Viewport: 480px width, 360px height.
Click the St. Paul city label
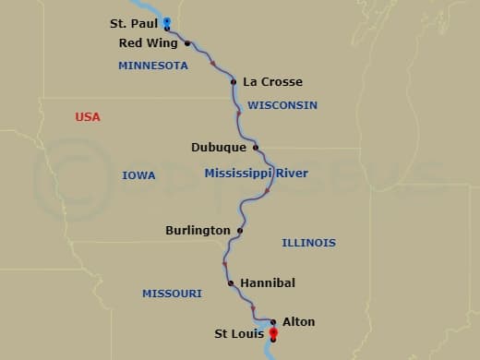coord(132,24)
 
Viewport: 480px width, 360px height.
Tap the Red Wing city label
coord(149,42)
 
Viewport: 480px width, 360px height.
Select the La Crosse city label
coord(272,82)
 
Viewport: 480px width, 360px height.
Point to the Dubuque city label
coord(219,147)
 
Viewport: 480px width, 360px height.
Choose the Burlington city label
coord(198,230)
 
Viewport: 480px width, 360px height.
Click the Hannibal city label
coord(268,282)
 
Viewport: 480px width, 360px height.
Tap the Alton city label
coord(299,322)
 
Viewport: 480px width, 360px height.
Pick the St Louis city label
coord(238,333)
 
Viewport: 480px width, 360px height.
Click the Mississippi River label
coord(257,173)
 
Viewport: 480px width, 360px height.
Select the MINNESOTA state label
coord(153,66)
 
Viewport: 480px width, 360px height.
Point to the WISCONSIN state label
coord(282,105)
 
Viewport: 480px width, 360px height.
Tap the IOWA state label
coord(138,175)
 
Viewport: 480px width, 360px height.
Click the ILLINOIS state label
coord(308,243)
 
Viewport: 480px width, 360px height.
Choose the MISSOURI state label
coord(172,294)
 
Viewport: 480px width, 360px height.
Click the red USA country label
coord(88,117)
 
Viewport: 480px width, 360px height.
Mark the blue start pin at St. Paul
coord(166,21)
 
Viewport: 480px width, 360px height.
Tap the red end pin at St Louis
coord(272,333)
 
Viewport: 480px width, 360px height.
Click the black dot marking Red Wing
coord(187,43)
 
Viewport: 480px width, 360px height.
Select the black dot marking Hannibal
coord(230,282)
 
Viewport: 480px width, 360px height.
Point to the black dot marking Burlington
coord(240,230)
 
